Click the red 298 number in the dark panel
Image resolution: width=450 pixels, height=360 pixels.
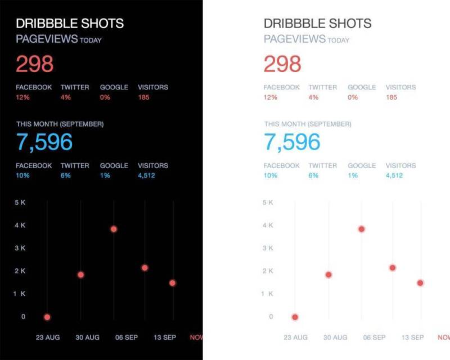[x=34, y=64]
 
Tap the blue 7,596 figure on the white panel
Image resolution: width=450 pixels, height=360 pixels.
[x=292, y=142]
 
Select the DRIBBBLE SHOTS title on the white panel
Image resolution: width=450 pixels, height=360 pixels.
[x=317, y=24]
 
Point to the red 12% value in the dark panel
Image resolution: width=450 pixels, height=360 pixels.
[x=22, y=97]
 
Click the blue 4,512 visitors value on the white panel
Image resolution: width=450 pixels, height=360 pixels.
[x=394, y=175]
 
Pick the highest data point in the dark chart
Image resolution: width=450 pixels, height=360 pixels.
[x=114, y=229]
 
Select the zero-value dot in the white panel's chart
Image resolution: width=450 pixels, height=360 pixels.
[x=295, y=317]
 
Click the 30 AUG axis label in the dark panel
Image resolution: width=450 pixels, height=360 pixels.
[x=87, y=337]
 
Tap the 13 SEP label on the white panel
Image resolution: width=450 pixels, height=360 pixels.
[x=412, y=337]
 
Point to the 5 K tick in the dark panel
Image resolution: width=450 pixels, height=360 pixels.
[x=20, y=202]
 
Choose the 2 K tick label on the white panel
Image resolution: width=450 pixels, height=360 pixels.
[x=268, y=271]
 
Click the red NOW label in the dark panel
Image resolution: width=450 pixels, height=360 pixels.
[x=196, y=337]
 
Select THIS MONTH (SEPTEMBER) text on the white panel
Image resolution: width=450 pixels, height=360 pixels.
[x=308, y=124]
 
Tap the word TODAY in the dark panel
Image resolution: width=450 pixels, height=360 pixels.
[x=91, y=40]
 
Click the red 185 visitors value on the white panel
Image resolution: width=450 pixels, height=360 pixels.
[x=391, y=97]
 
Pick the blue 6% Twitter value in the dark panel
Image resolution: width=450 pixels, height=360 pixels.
[x=66, y=175]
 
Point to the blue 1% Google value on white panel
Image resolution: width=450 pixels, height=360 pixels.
[x=353, y=175]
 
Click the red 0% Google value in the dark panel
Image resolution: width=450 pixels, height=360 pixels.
[x=105, y=97]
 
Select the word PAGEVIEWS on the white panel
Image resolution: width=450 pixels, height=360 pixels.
[x=294, y=39]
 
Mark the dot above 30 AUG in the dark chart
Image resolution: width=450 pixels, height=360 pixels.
[x=80, y=274]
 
